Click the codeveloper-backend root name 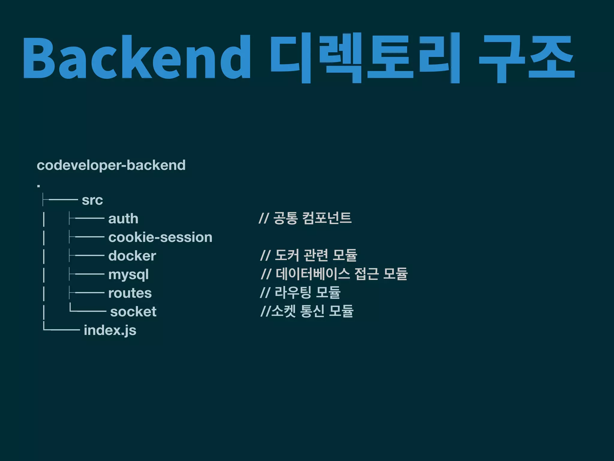[x=111, y=165]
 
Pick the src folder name [x=92, y=200]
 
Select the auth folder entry [x=123, y=219]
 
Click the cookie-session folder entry [x=160, y=237]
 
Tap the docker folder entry [x=132, y=256]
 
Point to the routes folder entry [x=130, y=293]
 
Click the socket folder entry [x=133, y=312]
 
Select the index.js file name [x=110, y=330]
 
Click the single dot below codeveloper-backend [x=39, y=186]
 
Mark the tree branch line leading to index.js [x=61, y=330]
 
